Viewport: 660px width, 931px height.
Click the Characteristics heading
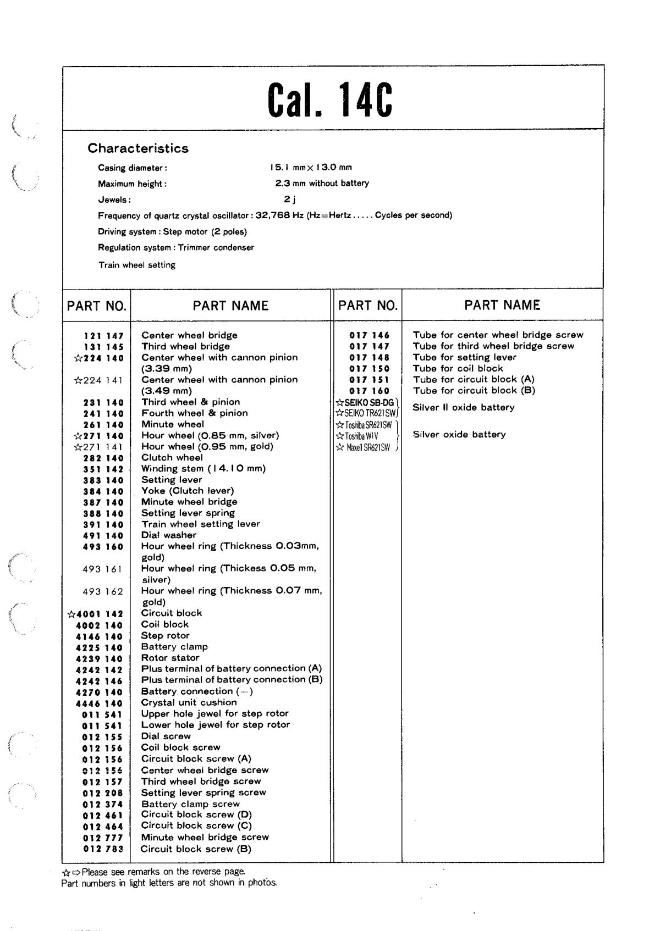138,148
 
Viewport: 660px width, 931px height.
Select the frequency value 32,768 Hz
280,215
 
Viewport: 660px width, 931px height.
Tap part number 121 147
103,336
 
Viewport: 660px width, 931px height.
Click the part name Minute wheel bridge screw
205,837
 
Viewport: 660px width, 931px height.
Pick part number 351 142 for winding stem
103,469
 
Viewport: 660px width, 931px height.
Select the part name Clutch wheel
172,457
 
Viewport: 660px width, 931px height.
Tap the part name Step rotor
165,635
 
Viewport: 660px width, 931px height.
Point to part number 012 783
103,849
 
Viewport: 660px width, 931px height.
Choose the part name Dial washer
168,535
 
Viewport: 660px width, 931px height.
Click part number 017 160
369,391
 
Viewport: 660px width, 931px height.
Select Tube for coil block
458,368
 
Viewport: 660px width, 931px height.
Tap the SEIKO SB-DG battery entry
366,402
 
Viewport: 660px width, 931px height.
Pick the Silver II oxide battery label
463,407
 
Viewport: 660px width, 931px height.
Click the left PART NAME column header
230,306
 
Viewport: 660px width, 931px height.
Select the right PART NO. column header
367,306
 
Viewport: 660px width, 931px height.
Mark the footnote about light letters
169,883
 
